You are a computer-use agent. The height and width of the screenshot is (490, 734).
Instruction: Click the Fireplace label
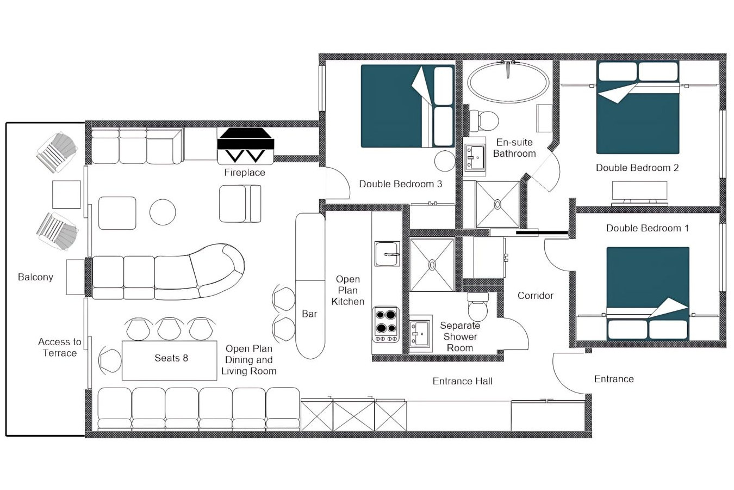point(245,173)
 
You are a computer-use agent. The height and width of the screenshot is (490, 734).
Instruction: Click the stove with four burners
point(385,323)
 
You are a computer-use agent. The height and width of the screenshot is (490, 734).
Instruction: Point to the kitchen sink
point(387,254)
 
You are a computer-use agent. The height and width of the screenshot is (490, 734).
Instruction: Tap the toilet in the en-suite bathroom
point(483,120)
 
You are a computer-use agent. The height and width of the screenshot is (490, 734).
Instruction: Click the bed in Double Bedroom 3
point(407,106)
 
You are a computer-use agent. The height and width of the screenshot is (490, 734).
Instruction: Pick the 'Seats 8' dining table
point(170,360)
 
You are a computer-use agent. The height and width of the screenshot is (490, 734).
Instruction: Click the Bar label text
point(309,314)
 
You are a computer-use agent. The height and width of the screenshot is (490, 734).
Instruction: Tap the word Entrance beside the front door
point(613,379)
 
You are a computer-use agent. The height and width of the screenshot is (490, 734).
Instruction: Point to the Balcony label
point(35,277)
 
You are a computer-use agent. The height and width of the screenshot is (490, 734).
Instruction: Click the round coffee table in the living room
point(163,212)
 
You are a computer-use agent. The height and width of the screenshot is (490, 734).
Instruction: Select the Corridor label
point(535,296)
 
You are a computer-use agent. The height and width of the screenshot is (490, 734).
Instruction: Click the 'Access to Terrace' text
point(59,347)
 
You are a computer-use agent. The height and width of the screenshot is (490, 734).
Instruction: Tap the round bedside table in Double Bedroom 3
point(445,161)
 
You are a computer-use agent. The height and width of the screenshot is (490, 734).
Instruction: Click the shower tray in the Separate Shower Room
point(431,265)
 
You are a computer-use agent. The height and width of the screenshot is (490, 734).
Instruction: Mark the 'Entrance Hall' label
point(462,382)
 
